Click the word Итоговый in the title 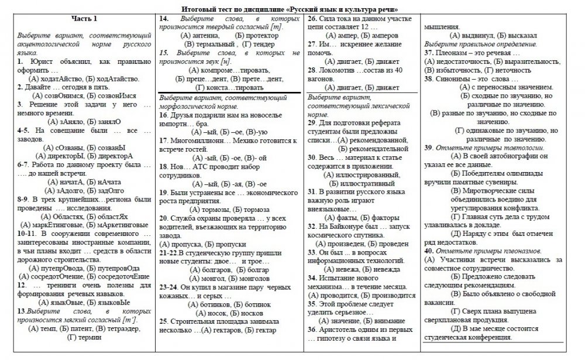197,9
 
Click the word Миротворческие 492,190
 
